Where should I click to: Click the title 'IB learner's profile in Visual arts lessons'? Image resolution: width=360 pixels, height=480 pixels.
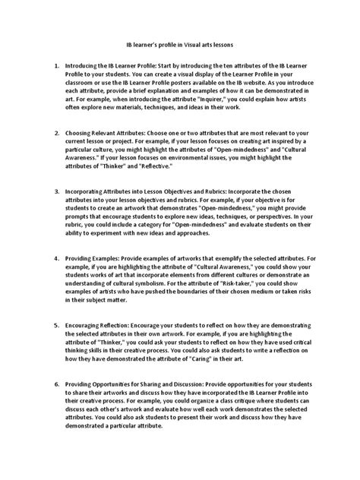click(179, 46)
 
